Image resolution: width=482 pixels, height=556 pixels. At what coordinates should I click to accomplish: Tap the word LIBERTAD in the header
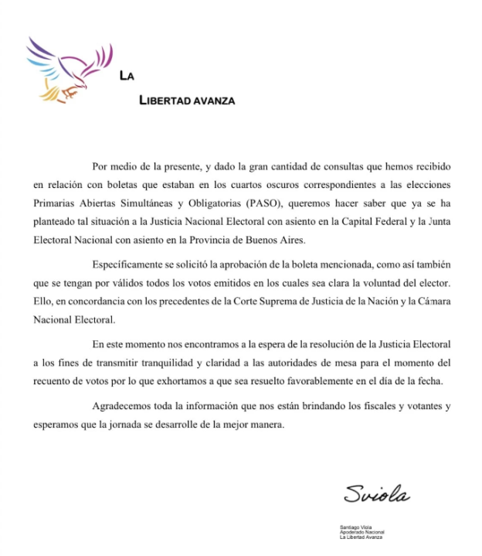165,101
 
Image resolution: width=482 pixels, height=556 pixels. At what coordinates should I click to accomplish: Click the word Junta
435,221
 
